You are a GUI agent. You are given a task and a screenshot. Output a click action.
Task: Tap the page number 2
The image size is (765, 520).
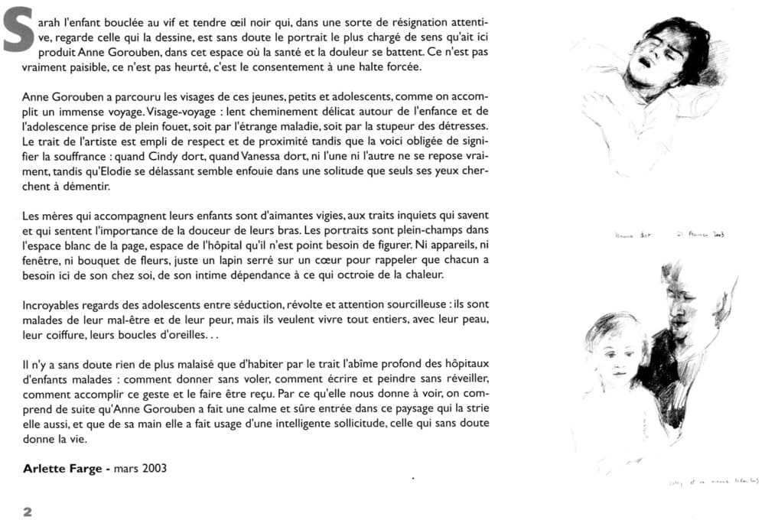(x=27, y=512)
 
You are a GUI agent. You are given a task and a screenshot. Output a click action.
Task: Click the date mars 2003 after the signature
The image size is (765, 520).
(x=140, y=469)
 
